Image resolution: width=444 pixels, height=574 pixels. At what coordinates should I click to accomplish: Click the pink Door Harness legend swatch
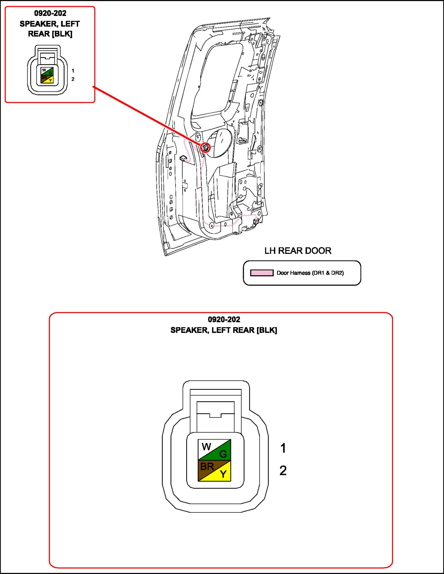pos(262,273)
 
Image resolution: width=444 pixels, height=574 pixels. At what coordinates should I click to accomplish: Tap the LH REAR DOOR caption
pos(298,251)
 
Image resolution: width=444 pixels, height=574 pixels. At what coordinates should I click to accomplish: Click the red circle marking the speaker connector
pos(205,147)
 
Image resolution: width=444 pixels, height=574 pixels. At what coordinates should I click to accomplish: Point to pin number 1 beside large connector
pos(283,448)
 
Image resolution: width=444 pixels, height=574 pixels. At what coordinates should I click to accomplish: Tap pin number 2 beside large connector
pos(283,470)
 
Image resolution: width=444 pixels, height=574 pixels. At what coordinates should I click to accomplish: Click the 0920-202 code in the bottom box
pos(224,319)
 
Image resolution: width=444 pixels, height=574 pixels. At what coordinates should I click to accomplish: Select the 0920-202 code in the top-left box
pos(50,13)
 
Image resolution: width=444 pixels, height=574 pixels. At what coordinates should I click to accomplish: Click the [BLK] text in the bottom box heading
pos(267,330)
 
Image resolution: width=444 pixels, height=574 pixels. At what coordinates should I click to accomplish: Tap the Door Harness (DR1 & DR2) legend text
pos(310,273)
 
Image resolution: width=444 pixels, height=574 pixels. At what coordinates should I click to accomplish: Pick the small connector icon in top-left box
pos(47,70)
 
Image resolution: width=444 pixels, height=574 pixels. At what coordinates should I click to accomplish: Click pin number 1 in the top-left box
pos(73,71)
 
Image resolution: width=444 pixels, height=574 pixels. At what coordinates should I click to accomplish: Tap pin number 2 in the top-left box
pos(73,79)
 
